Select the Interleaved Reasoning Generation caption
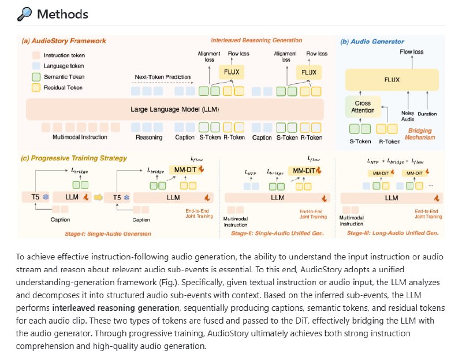(256, 40)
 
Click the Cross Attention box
(363, 106)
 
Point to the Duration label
(428, 114)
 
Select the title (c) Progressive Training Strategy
(75, 158)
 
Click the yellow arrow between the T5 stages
(99, 197)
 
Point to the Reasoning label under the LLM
(149, 138)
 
